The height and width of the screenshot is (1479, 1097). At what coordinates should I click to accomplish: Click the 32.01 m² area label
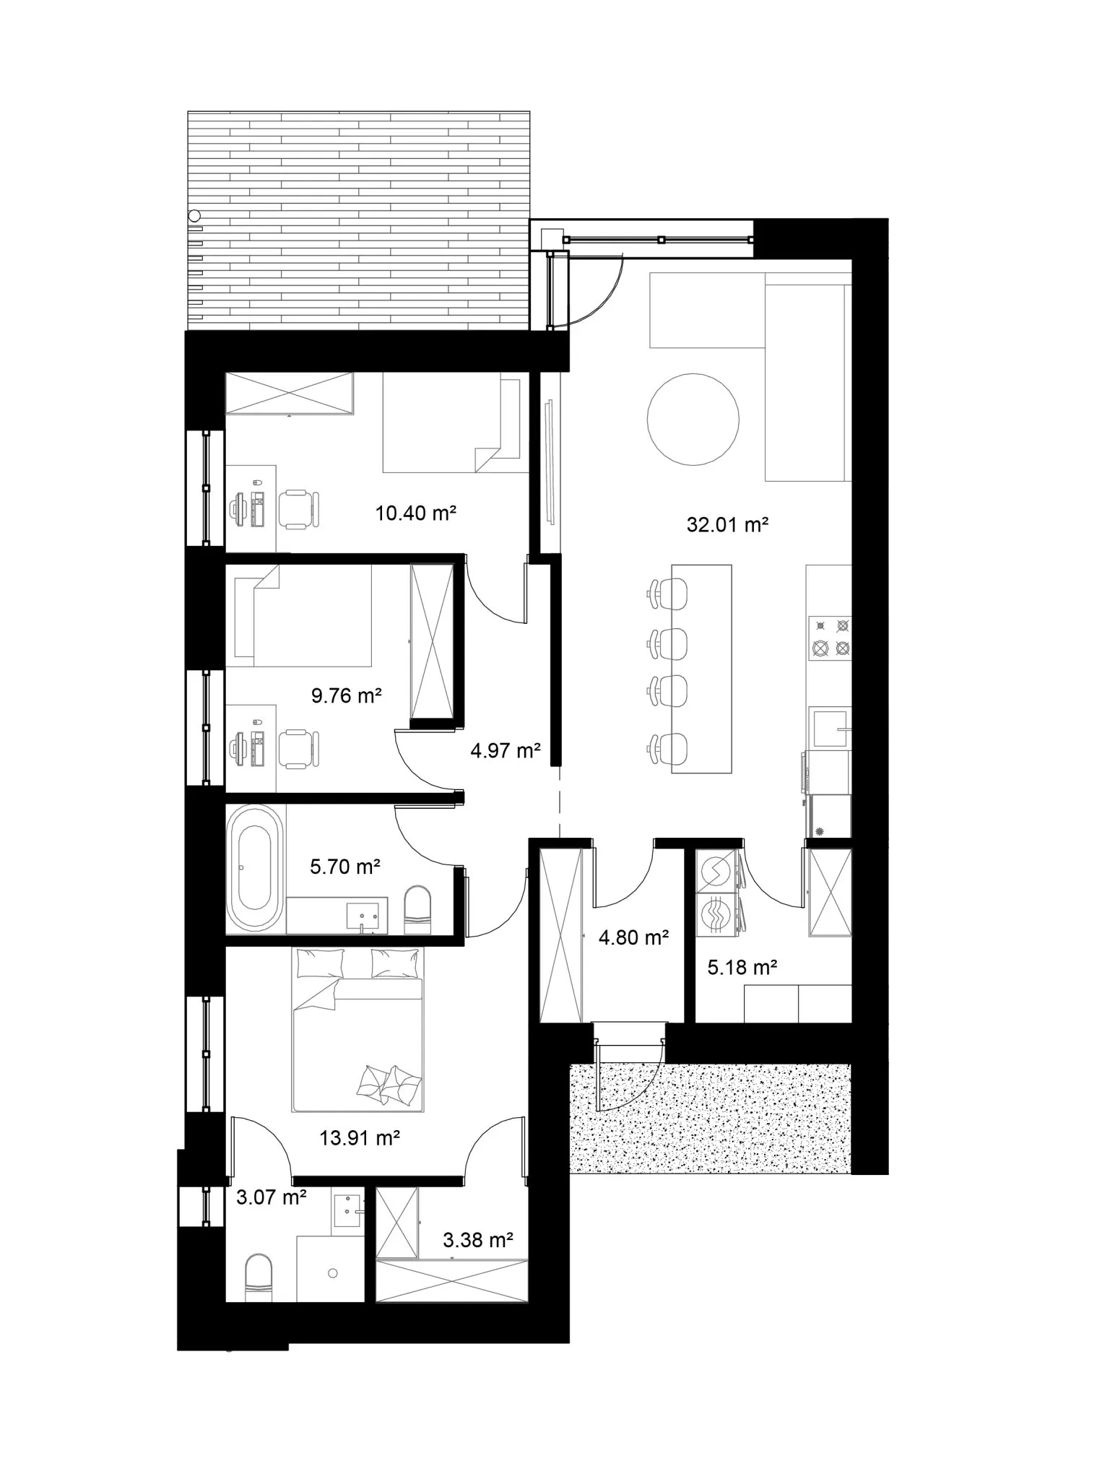[727, 524]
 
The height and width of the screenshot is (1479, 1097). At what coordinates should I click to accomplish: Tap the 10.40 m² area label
[415, 513]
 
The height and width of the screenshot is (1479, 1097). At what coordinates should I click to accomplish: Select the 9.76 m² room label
[346, 695]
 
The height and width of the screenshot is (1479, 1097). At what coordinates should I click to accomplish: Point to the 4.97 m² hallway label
[506, 750]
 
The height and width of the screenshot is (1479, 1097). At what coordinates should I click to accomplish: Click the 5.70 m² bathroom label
[345, 866]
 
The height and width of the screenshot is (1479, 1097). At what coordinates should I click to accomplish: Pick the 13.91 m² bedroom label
[360, 1138]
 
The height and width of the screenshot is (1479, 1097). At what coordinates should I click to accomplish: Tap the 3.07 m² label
[272, 1197]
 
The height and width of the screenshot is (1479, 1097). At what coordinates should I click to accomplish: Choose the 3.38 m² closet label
[478, 1241]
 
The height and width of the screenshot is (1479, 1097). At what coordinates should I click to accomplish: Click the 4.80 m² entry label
[633, 937]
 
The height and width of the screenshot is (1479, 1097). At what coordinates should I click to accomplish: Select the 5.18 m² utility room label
[742, 967]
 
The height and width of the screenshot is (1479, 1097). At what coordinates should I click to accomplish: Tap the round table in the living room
[693, 419]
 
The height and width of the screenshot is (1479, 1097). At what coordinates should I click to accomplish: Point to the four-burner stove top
[830, 638]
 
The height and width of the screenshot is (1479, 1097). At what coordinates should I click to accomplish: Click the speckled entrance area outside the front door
[711, 1119]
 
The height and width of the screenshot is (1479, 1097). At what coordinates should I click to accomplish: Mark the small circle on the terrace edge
[194, 215]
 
